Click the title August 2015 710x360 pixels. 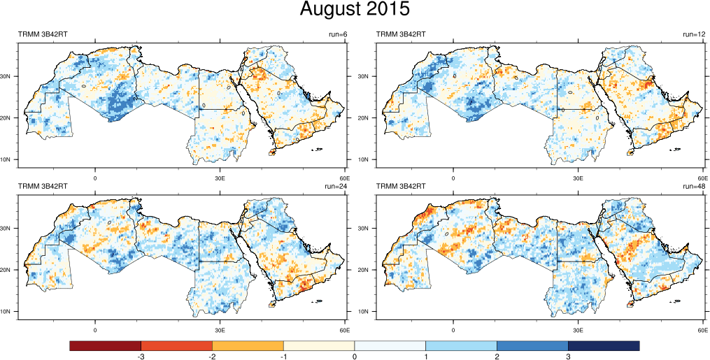click(x=355, y=10)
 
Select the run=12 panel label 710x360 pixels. click(x=695, y=34)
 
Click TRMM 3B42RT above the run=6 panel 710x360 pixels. click(x=43, y=34)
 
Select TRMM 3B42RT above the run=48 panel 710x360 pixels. click(x=402, y=187)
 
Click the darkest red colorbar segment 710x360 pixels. click(x=106, y=346)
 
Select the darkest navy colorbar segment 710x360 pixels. click(x=604, y=346)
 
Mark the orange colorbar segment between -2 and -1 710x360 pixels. click(x=248, y=346)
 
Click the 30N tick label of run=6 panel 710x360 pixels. click(x=11, y=76)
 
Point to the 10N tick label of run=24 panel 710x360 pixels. click(x=11, y=312)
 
